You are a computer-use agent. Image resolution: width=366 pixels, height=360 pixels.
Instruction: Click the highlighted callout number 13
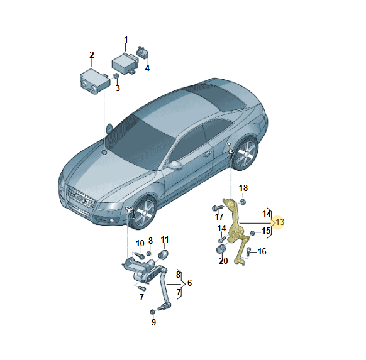tap(280, 222)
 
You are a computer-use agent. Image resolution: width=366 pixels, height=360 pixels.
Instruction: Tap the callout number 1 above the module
tap(125, 40)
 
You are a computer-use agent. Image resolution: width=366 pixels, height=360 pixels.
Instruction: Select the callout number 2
tap(91, 55)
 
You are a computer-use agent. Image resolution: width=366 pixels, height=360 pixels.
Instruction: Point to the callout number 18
tap(243, 188)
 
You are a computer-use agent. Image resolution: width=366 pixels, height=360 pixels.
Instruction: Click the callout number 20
tap(223, 261)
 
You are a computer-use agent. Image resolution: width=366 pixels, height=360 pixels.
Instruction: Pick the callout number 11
tap(165, 239)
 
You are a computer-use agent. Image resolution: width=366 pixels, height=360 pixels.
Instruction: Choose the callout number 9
tap(153, 322)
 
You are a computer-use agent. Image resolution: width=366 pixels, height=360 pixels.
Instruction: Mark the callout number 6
tap(189, 283)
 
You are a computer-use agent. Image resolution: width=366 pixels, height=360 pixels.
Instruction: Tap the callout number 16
tap(262, 252)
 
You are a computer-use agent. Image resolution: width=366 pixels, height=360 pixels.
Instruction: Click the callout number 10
tap(140, 243)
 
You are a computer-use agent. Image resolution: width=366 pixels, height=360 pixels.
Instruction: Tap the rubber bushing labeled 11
tap(165, 256)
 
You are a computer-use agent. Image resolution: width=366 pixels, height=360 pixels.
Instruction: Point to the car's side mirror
tap(175, 165)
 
